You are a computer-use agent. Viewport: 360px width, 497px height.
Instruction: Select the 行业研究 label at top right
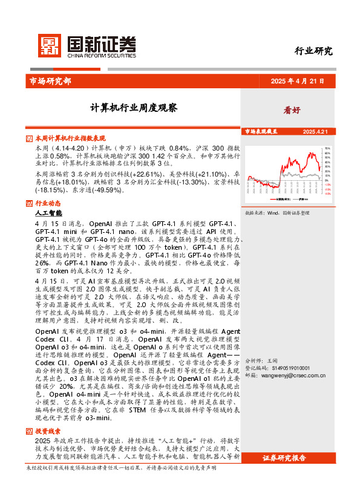pyautogui.click(x=313, y=51)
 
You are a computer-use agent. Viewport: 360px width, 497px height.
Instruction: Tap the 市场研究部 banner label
pyautogui.click(x=50, y=80)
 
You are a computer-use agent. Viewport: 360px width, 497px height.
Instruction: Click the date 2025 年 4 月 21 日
pyautogui.click(x=297, y=81)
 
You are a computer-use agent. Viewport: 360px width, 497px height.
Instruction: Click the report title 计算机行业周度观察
pyautogui.click(x=134, y=108)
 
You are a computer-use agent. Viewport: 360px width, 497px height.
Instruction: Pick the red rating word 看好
pyautogui.click(x=292, y=111)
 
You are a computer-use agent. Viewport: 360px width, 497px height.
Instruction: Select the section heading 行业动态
pyautogui.click(x=48, y=203)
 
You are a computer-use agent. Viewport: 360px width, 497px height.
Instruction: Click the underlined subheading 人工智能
pyautogui.click(x=48, y=213)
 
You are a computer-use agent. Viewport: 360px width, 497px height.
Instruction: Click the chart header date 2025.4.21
pyautogui.click(x=315, y=131)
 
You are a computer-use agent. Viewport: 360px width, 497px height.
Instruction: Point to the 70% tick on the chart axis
pyautogui.click(x=327, y=148)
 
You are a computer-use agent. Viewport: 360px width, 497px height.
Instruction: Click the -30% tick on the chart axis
pyautogui.click(x=327, y=193)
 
